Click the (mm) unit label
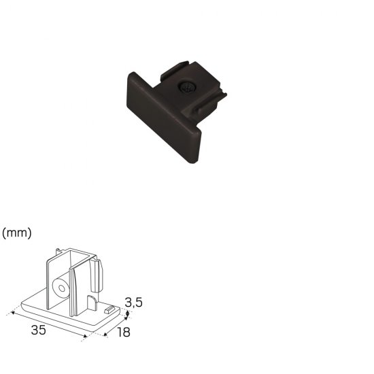[x=17, y=233]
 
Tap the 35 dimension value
[x=38, y=330]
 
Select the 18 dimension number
[x=124, y=332]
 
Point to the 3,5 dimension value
[x=133, y=303]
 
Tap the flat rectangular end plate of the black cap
[x=163, y=118]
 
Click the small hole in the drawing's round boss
[x=62, y=288]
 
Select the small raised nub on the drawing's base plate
[x=109, y=309]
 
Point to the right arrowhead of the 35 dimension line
[x=85, y=336]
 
